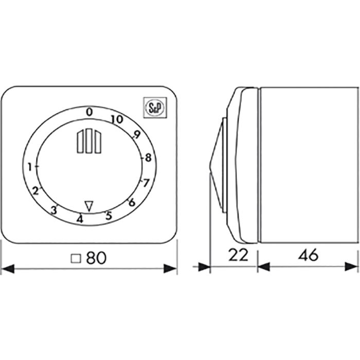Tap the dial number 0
(x=89, y=111)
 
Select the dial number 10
(x=116, y=119)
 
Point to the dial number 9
(x=136, y=136)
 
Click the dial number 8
(x=148, y=158)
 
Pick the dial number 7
(x=146, y=183)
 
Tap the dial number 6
(x=131, y=202)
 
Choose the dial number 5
(x=108, y=215)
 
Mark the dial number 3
(x=53, y=210)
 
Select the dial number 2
(x=35, y=191)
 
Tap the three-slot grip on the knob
(x=87, y=141)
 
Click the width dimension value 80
(x=96, y=258)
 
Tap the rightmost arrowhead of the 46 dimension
(x=354, y=266)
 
